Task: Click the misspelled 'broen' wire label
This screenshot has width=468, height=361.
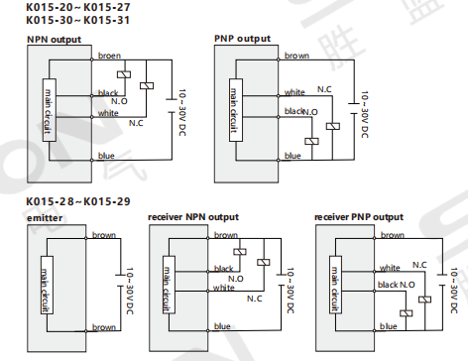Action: pyautogui.click(x=109, y=56)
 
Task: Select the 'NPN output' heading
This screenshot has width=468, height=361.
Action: pyautogui.click(x=54, y=40)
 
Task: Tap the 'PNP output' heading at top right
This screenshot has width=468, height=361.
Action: pyautogui.click(x=242, y=39)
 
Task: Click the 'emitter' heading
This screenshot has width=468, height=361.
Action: pyautogui.click(x=45, y=218)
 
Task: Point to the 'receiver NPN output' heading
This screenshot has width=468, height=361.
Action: pyautogui.click(x=193, y=217)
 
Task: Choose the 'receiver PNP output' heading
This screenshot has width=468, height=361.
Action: pyautogui.click(x=359, y=217)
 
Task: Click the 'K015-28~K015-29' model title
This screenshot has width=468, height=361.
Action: pyautogui.click(x=78, y=201)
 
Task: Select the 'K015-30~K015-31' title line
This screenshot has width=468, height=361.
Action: pyautogui.click(x=78, y=20)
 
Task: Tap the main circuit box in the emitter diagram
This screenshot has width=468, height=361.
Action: pyautogui.click(x=47, y=285)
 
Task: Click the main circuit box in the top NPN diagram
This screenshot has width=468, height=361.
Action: pyautogui.click(x=50, y=110)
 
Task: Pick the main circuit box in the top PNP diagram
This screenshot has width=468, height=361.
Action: pyautogui.click(x=236, y=110)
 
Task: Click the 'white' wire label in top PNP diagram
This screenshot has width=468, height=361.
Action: pyautogui.click(x=294, y=92)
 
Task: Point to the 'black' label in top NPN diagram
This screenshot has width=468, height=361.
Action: pyautogui.click(x=108, y=93)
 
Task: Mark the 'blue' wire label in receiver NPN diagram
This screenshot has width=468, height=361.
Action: pyautogui.click(x=222, y=326)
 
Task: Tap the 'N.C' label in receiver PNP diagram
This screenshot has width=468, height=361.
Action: pyautogui.click(x=419, y=265)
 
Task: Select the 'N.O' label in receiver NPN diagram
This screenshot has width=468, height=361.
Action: pyautogui.click(x=236, y=279)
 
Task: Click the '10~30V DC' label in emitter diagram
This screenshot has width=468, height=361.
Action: pyautogui.click(x=130, y=291)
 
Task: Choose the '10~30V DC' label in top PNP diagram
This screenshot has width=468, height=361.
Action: pyautogui.click(x=364, y=114)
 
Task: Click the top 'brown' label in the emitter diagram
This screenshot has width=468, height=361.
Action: pyautogui.click(x=104, y=235)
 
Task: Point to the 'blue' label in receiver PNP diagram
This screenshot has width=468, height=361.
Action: pyautogui.click(x=389, y=326)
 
